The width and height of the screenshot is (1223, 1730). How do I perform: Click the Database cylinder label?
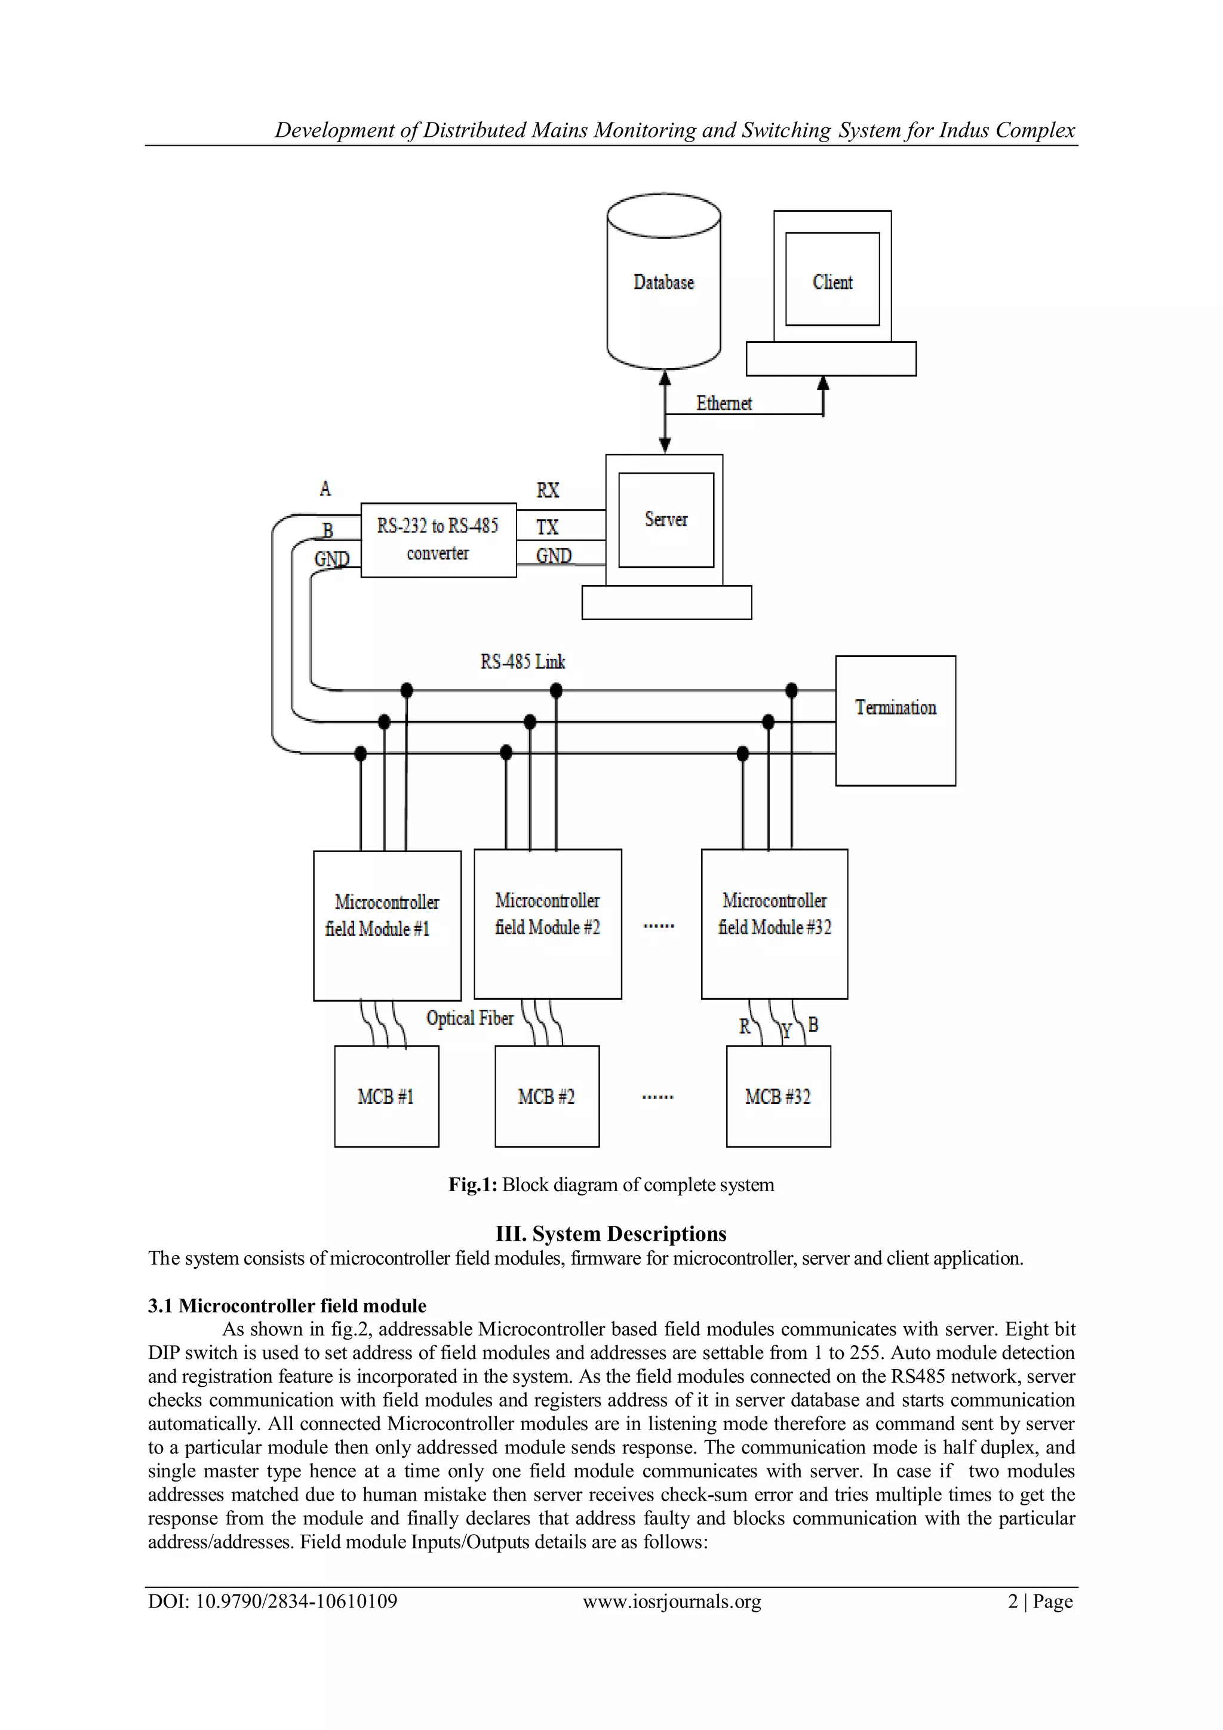(663, 283)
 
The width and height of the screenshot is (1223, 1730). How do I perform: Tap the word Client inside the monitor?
(832, 283)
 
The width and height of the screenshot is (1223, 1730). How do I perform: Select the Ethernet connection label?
(724, 404)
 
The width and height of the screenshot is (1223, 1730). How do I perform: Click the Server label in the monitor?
(666, 519)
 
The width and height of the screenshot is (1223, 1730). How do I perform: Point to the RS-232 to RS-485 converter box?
(438, 539)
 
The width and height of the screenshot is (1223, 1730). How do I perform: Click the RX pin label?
(548, 490)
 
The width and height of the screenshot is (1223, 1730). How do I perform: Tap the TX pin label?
(548, 527)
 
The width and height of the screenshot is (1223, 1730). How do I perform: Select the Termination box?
(895, 720)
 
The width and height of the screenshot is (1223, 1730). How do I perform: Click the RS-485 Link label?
(523, 661)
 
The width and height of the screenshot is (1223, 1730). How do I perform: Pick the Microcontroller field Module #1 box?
(387, 925)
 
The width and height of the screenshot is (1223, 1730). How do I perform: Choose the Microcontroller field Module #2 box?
(548, 923)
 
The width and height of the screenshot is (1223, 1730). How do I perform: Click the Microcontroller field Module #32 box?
(774, 923)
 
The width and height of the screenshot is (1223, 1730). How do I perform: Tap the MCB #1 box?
(386, 1096)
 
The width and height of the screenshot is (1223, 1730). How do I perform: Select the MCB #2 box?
(547, 1096)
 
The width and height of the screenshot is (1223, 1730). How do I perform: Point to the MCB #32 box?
(778, 1096)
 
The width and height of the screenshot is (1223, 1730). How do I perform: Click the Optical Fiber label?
(470, 1018)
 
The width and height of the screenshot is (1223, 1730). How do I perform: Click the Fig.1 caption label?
(611, 1185)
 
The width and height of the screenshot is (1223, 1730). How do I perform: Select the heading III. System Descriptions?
(611, 1234)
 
